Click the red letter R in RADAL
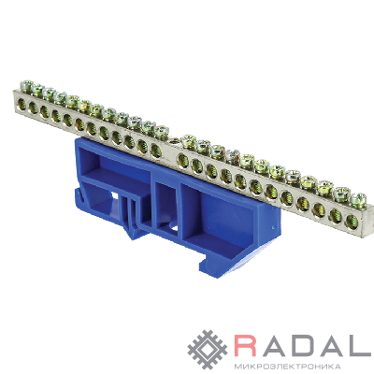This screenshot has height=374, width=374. tap(246, 345)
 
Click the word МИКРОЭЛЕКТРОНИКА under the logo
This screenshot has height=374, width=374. tap(287, 366)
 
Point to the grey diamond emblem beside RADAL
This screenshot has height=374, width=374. tap(208, 350)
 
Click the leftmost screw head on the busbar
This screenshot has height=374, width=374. tap(27, 85)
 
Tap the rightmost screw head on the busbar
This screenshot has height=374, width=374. tap(358, 198)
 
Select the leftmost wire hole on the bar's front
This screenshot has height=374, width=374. tap(22, 103)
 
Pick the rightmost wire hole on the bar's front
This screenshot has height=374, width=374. tap(351, 219)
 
